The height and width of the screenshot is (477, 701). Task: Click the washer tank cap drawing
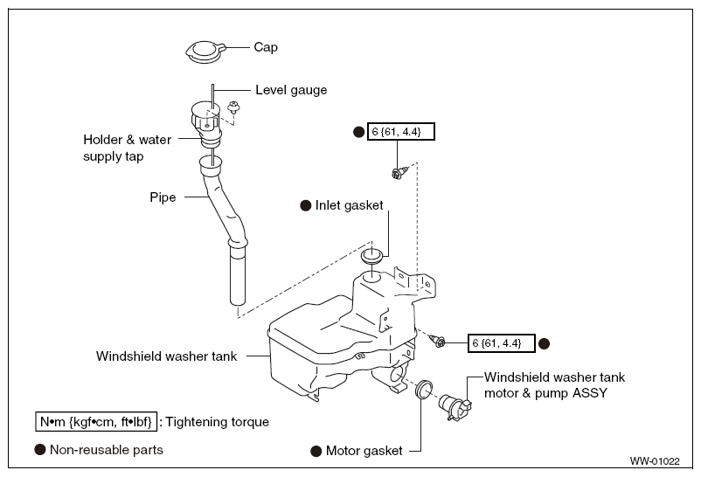[205, 52]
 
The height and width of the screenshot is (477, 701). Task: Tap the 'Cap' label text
[266, 47]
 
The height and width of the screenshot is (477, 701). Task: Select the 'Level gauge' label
[291, 90]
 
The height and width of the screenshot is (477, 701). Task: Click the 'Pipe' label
[163, 197]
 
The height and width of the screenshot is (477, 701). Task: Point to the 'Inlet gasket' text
[349, 205]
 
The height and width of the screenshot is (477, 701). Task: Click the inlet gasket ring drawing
[371, 256]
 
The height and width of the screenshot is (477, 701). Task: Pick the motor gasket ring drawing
[423, 390]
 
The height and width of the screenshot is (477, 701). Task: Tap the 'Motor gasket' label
[364, 451]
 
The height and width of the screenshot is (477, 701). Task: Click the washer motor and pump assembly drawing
[455, 405]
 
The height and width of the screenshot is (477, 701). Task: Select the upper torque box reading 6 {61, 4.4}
[401, 132]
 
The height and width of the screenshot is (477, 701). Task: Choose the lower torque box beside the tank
[501, 343]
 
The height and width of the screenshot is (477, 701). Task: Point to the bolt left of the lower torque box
[437, 341]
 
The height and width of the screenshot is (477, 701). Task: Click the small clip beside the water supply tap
[233, 107]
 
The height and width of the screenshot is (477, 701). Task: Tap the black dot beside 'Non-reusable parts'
[40, 450]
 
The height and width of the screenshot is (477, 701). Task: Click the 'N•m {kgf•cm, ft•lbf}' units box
[96, 422]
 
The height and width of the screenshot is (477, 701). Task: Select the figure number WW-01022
[655, 461]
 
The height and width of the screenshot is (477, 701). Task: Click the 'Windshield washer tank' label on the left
[166, 356]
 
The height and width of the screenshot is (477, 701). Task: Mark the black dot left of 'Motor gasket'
[316, 451]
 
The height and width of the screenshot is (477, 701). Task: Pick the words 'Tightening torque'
[218, 422]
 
